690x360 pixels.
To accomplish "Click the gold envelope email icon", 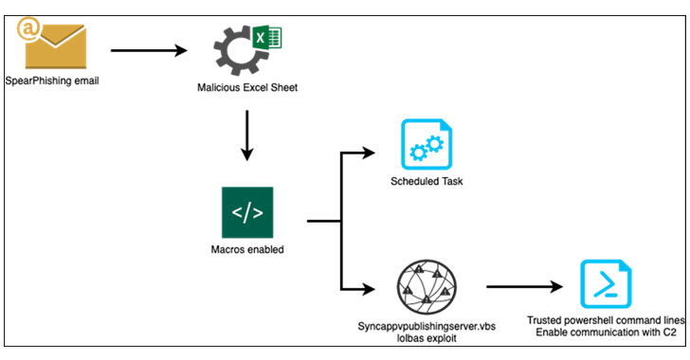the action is point(55,46).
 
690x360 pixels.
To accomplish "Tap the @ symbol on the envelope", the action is point(27,28).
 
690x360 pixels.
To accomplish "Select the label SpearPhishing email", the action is point(52,81).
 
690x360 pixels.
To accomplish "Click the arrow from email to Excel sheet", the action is point(149,50).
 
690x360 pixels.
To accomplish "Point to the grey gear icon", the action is point(238,50).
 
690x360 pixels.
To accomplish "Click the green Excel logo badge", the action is point(267,37).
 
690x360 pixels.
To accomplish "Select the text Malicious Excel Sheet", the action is point(247,87).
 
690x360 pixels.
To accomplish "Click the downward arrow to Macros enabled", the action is point(247,135).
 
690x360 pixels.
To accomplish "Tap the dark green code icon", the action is point(247,212).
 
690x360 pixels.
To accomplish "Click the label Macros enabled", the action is point(247,249).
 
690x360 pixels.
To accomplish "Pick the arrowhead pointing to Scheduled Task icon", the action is point(368,153).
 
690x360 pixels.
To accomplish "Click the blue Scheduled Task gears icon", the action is point(427,144).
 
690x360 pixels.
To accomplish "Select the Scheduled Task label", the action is point(427,181).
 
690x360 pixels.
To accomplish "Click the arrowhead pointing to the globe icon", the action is point(368,289).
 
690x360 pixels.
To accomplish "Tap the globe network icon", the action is point(427,287).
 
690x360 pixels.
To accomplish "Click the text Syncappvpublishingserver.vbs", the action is point(427,327).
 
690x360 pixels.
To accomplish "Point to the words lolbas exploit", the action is point(427,338).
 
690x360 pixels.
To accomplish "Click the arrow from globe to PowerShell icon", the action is point(524,287).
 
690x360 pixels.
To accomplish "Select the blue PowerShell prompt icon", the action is point(606,284).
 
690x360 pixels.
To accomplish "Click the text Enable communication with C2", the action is point(606,333).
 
